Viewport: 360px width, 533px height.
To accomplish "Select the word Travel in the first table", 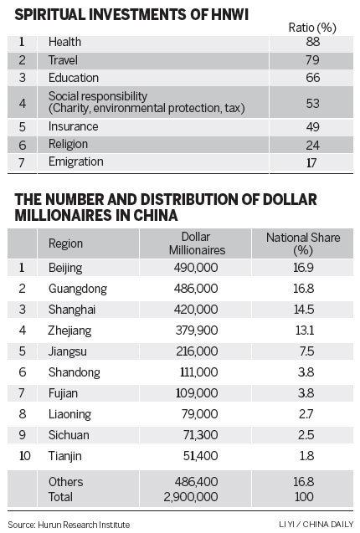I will point(64,59).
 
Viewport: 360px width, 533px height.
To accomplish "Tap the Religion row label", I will point(69,144).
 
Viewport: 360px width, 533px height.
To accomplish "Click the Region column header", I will point(65,244).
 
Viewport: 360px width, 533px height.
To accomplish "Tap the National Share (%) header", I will point(303,244).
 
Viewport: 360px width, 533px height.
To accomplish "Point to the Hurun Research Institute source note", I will point(69,525).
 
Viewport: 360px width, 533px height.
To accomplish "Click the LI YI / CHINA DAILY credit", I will point(314,525).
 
